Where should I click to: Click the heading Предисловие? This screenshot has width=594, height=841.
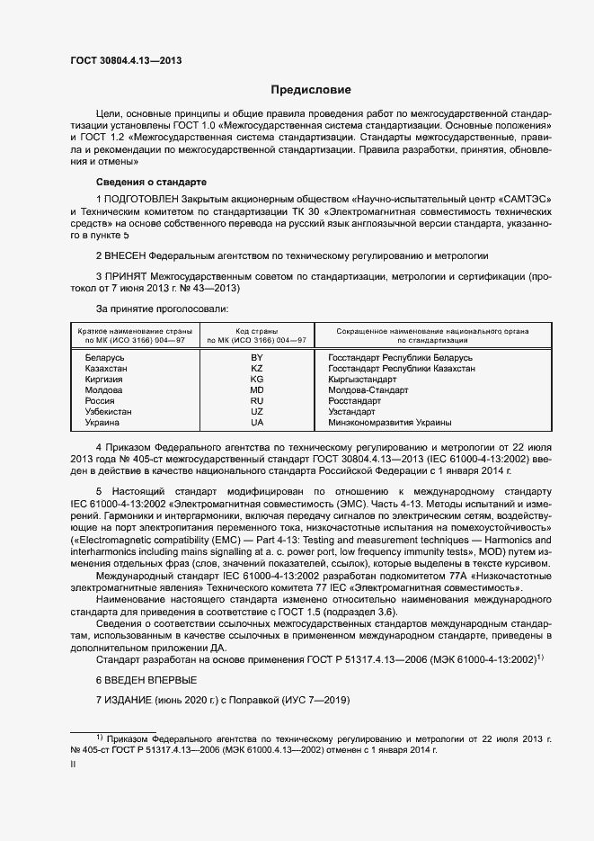click(x=312, y=90)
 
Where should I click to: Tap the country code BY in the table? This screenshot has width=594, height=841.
click(x=257, y=358)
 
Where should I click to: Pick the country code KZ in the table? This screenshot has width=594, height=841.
click(x=257, y=369)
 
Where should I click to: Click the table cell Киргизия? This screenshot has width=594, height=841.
click(x=103, y=380)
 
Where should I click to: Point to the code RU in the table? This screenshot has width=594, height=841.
click(x=257, y=401)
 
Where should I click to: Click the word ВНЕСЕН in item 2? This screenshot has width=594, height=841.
click(x=124, y=256)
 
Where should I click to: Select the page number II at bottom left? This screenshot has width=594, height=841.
click(x=73, y=765)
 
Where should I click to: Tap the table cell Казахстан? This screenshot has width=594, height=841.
click(x=105, y=369)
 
